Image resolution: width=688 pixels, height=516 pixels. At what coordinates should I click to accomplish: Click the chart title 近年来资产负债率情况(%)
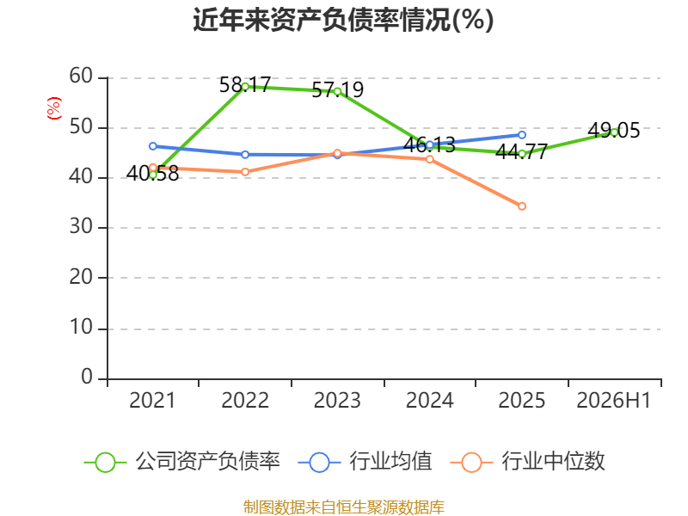[343, 20]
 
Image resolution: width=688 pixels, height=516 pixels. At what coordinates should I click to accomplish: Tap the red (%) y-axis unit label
[54, 108]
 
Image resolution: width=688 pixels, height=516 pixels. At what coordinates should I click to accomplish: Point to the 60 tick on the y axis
[81, 77]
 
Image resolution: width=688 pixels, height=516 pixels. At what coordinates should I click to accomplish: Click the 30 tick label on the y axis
[81, 227]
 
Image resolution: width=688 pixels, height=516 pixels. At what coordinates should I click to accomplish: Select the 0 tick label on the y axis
[87, 378]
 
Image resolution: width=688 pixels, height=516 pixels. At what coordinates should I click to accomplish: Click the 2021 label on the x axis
[152, 400]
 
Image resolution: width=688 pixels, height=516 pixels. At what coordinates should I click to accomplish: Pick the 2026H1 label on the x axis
[613, 400]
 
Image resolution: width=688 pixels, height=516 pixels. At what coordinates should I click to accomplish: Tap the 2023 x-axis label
[337, 400]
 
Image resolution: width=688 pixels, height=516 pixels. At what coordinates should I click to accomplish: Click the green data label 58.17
[245, 84]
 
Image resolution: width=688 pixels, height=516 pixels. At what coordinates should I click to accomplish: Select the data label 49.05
[614, 131]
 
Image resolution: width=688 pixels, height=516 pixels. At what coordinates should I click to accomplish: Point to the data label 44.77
[522, 152]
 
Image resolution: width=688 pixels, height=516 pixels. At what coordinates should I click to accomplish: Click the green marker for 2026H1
[614, 132]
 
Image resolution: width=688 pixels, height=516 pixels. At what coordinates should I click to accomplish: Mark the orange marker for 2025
[522, 206]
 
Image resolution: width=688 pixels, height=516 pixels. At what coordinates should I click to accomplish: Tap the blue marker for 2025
[522, 135]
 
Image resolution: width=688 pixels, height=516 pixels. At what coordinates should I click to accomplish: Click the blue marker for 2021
[153, 146]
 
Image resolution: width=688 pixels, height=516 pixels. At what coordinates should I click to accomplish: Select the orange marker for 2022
[245, 172]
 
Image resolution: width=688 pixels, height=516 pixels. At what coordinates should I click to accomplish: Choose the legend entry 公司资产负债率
[182, 462]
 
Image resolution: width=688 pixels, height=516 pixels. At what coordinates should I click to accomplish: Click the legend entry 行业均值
[365, 462]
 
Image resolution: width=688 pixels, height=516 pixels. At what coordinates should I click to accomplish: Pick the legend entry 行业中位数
[528, 462]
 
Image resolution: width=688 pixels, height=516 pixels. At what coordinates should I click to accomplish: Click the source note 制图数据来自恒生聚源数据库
[344, 507]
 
